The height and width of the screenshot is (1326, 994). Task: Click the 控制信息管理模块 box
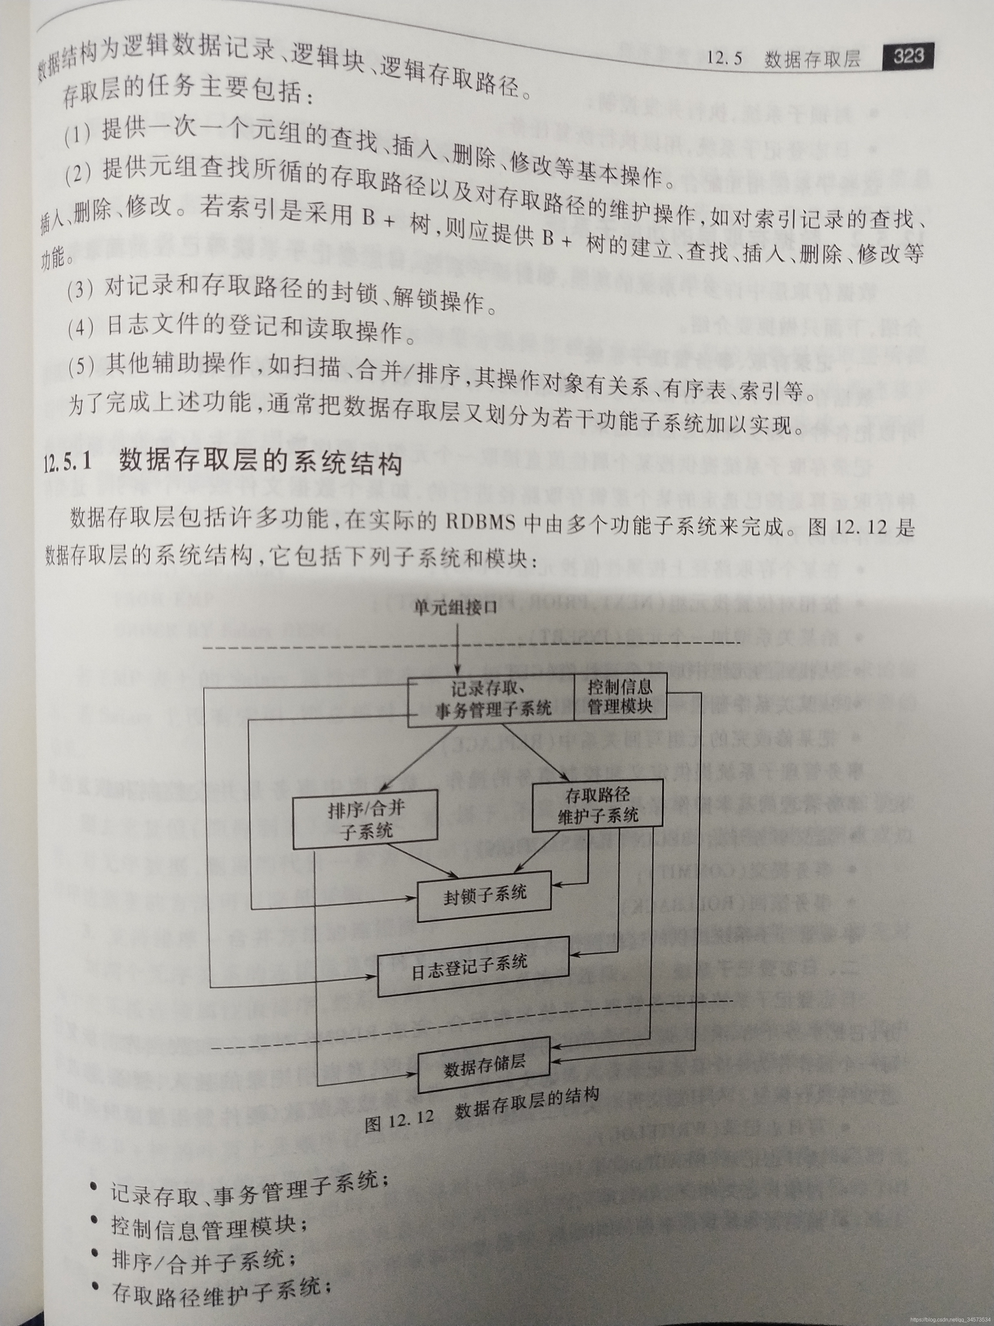621,697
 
